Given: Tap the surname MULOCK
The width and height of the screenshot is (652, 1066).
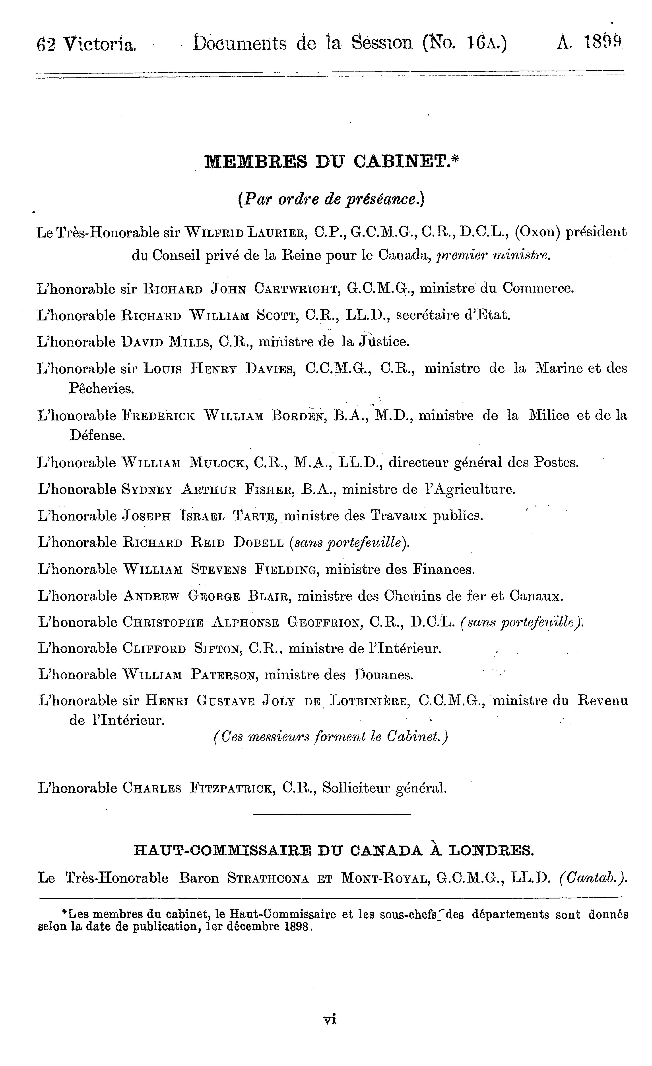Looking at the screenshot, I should click(218, 463).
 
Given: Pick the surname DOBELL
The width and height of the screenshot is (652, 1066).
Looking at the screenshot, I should click(258, 543).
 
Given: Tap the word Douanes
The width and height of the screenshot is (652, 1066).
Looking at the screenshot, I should click(383, 675).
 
